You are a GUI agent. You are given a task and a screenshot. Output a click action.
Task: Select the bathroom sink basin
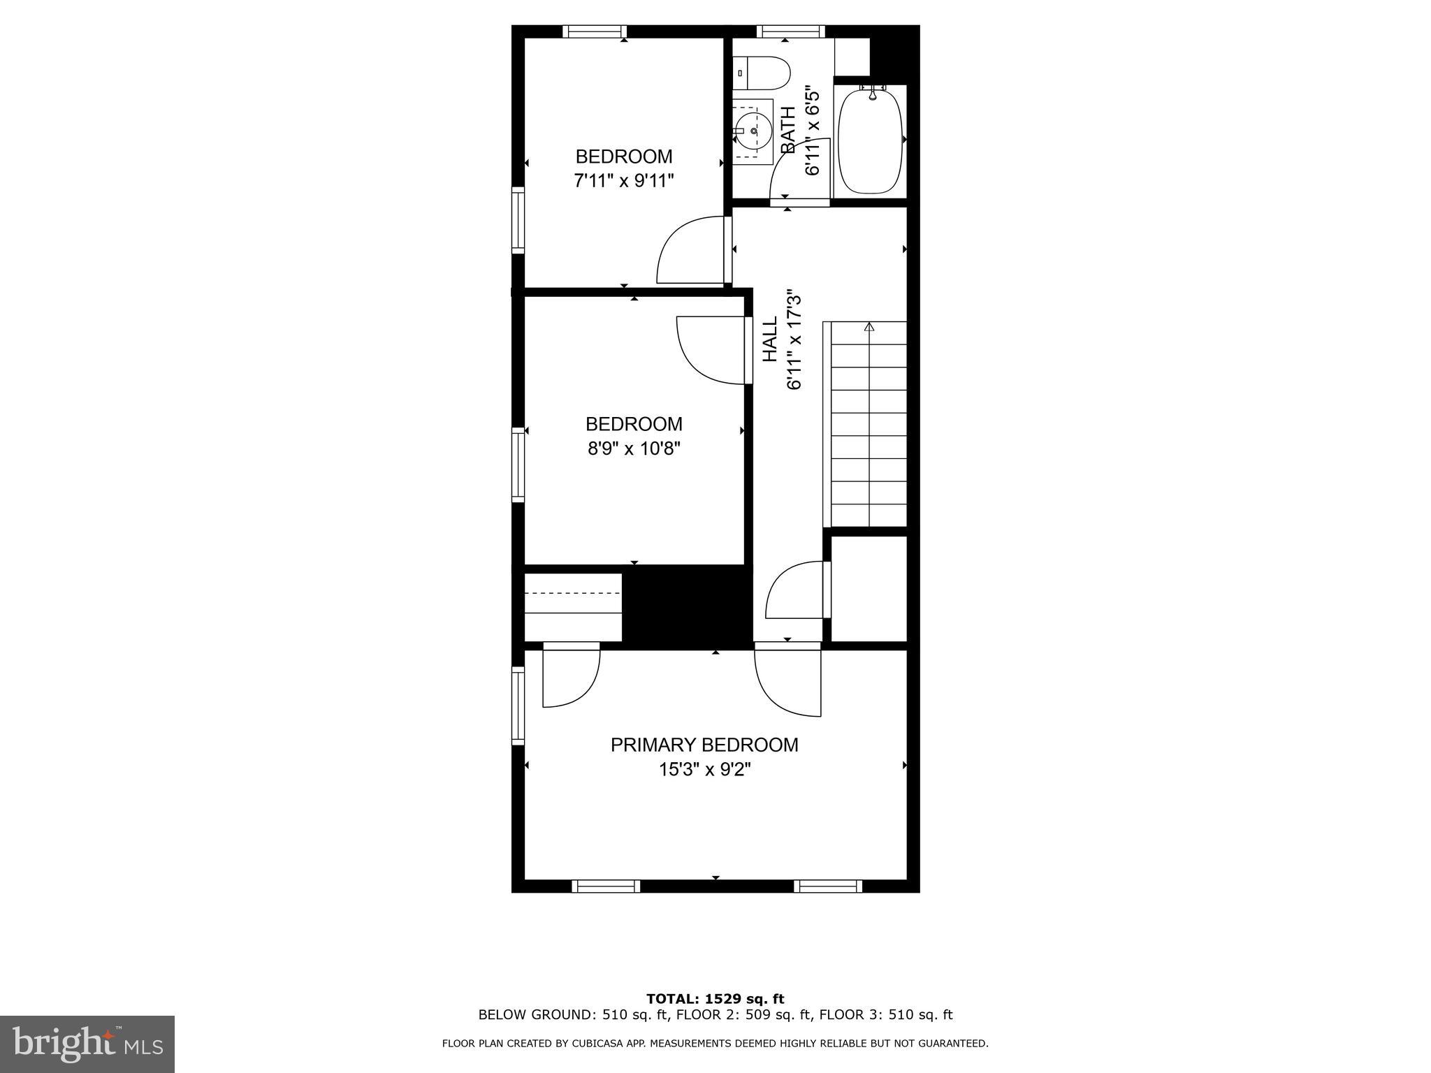click(x=752, y=131)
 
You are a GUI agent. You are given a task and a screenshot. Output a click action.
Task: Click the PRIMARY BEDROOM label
click(x=704, y=745)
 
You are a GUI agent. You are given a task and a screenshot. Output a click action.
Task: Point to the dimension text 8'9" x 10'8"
click(x=634, y=448)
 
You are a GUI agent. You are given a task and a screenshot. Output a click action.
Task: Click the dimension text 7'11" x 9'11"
click(x=623, y=181)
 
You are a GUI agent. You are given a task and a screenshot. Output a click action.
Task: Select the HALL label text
click(x=769, y=340)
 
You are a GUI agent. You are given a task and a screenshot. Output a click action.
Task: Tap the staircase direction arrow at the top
click(x=869, y=327)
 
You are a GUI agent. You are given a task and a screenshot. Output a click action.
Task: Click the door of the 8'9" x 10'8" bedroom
click(x=709, y=349)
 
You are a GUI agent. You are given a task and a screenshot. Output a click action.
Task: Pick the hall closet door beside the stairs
click(x=795, y=591)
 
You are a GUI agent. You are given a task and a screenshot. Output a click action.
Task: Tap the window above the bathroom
click(x=790, y=31)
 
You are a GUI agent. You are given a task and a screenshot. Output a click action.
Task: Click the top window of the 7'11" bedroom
click(x=594, y=31)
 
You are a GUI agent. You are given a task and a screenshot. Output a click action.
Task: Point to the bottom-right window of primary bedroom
click(x=828, y=886)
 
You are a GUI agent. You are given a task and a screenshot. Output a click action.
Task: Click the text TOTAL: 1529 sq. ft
click(x=715, y=999)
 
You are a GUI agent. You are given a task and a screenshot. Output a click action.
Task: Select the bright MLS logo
click(x=87, y=1044)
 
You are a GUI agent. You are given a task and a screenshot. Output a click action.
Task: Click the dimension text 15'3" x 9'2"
click(x=704, y=770)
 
